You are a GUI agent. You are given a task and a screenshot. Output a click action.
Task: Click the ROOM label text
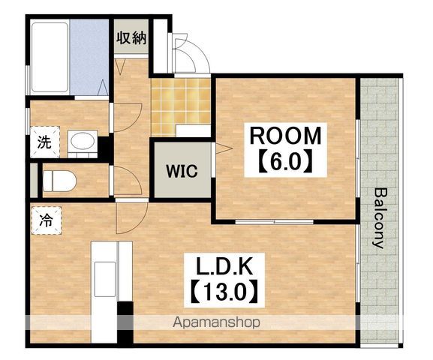[285, 136]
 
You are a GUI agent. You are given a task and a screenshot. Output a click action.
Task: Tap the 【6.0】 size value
[285, 160]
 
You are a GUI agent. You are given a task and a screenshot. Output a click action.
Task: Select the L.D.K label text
[224, 266]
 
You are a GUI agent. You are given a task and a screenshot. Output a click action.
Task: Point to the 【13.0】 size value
[224, 291]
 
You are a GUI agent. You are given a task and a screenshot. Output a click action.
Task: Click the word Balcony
[378, 218]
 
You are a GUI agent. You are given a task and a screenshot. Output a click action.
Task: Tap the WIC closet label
[182, 171]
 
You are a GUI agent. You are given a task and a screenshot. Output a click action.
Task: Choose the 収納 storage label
[131, 38]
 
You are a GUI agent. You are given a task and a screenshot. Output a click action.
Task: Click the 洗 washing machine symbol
[45, 142]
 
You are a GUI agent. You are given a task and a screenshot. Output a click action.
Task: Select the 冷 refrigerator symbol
[46, 220]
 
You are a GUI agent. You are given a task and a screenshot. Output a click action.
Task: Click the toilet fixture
[59, 181]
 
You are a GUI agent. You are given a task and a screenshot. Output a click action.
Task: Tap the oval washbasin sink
[83, 141]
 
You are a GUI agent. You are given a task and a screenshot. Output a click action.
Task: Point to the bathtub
[50, 58]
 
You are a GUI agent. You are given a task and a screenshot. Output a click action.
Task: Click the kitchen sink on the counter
[105, 279]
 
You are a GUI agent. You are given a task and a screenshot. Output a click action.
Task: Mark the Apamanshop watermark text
[216, 322]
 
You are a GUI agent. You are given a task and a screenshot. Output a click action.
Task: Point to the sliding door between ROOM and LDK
[274, 222]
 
